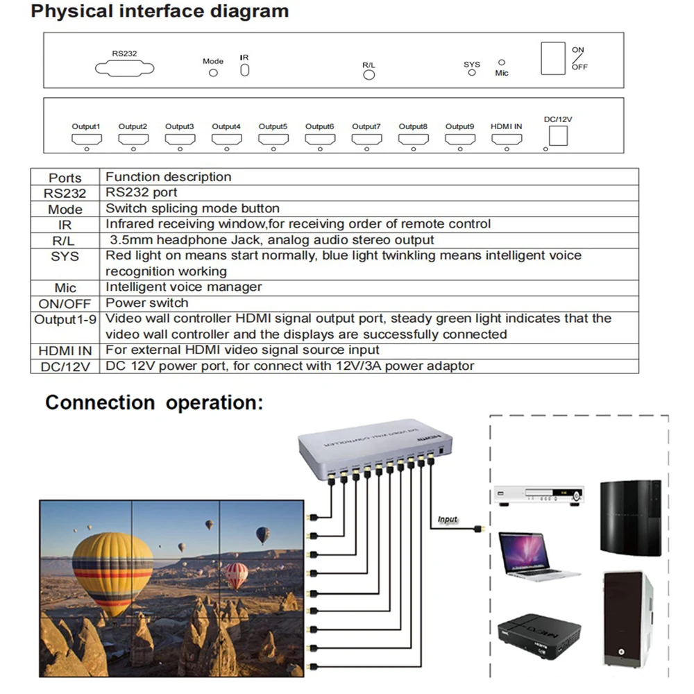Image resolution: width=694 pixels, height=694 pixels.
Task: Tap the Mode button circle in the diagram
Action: [x=213, y=72]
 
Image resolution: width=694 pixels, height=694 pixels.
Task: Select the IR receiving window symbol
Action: [x=244, y=71]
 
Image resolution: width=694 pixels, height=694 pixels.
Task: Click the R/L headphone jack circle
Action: [x=369, y=75]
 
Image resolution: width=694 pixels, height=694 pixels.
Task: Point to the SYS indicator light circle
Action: [x=472, y=73]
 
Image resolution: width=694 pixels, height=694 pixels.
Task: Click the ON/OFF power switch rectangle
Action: [x=553, y=58]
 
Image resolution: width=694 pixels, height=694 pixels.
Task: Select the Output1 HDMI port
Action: [x=86, y=139]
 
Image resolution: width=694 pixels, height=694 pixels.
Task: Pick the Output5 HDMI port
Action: [x=273, y=139]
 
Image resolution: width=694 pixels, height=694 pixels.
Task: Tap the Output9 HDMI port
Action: [x=459, y=139]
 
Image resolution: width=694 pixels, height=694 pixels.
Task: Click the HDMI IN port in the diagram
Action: [x=507, y=139]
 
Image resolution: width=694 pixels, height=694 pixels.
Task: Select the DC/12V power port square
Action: [x=558, y=137]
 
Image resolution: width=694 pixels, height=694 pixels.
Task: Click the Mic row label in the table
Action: [x=65, y=287]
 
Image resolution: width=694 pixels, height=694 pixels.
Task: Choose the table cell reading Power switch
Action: [x=146, y=303]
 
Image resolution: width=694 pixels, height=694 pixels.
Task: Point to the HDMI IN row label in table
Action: [x=65, y=350]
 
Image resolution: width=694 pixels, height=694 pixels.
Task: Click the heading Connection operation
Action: [x=154, y=403]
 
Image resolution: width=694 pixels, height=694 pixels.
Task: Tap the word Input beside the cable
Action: [x=448, y=519]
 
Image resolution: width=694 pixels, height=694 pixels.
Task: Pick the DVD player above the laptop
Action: [x=537, y=495]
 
